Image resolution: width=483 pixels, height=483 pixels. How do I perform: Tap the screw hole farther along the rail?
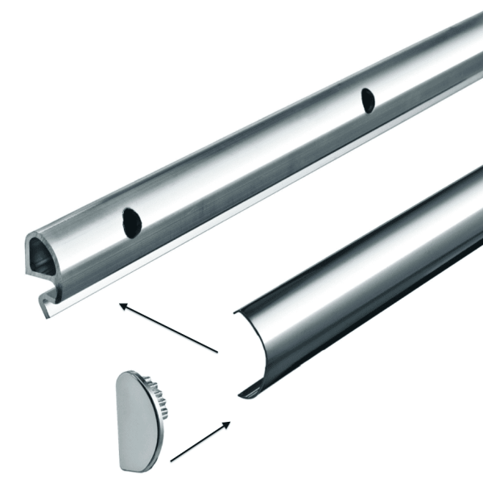tap(368, 100)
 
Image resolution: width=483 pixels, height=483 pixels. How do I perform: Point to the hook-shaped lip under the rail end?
tap(44, 303)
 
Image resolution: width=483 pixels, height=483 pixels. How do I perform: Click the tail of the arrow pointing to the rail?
tap(217, 352)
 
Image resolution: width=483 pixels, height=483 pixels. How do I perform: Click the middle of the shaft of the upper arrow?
tap(169, 328)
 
